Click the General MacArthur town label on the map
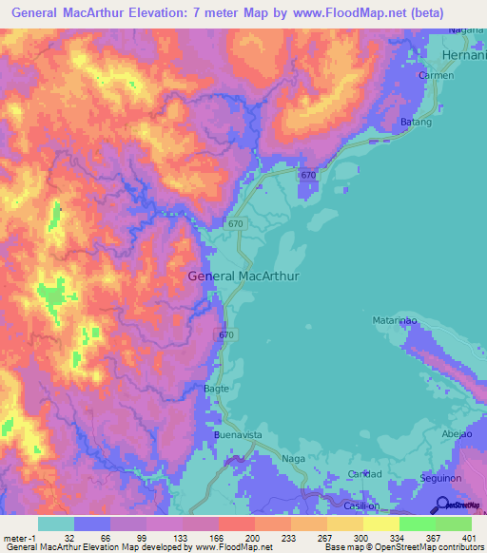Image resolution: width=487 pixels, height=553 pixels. coord(244,276)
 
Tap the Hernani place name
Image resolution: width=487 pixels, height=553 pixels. coord(462,56)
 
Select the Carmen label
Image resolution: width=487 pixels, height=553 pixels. coord(436,75)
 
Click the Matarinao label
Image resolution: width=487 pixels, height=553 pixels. coord(394,322)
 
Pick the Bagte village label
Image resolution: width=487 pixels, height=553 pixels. coord(218,389)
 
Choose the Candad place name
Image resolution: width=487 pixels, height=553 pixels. coord(364,474)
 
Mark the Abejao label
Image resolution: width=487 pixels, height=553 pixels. coord(457,433)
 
